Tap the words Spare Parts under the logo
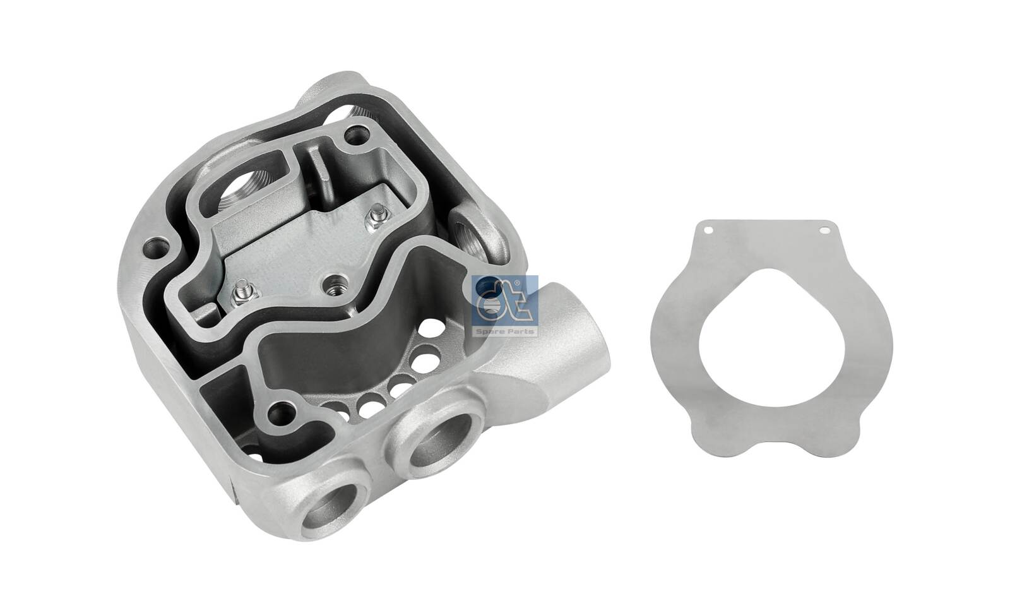(x=513, y=331)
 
